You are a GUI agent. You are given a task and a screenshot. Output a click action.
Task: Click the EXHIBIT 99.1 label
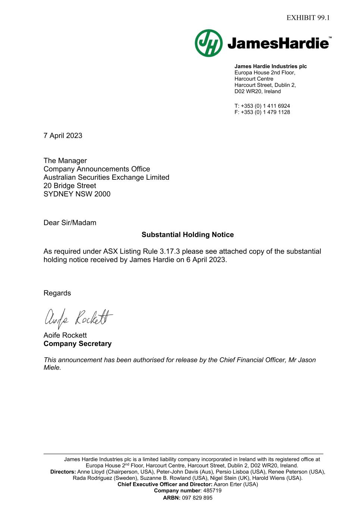308,18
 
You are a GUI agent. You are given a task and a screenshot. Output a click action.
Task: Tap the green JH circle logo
209,43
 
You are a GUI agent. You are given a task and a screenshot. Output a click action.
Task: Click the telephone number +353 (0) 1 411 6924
265,106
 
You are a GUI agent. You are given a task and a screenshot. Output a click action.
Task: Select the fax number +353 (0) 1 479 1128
265,112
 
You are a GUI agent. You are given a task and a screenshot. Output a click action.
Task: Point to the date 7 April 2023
63,136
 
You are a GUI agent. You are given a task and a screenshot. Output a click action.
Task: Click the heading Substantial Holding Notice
188,235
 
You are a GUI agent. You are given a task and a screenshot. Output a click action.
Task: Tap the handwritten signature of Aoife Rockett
78,318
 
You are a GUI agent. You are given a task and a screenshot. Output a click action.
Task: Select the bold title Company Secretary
78,344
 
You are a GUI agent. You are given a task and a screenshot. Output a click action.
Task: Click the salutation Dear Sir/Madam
70,223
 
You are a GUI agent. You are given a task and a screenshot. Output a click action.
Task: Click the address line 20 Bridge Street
70,186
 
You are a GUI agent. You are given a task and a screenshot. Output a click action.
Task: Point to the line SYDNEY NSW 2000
77,194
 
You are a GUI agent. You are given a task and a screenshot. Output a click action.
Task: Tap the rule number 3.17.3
170,252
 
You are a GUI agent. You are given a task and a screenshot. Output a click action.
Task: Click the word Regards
57,293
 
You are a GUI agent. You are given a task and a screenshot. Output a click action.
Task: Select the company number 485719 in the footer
212,491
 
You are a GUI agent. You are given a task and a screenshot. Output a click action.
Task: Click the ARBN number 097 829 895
197,498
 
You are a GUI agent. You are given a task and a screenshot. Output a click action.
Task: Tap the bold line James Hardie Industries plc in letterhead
270,66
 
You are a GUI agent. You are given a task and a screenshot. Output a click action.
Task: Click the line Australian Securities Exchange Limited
106,177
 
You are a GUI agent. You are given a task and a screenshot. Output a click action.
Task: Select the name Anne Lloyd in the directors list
91,472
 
